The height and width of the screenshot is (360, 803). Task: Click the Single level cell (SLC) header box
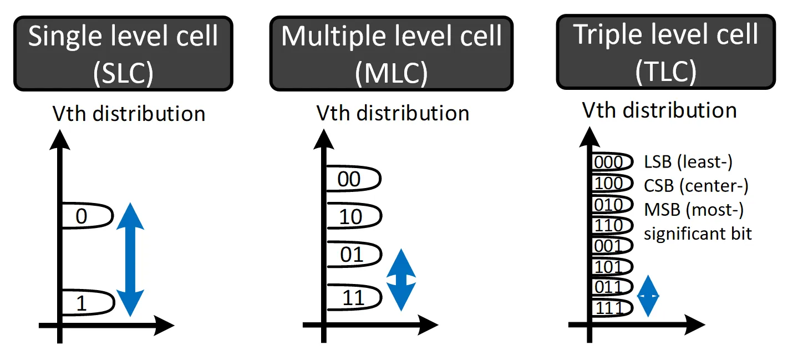point(123,54)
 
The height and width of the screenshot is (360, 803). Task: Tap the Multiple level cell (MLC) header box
point(391,54)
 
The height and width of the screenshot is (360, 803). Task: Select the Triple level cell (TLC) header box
point(665,52)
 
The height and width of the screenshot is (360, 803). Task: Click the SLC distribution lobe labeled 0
point(86,216)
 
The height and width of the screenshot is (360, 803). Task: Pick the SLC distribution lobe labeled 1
point(86,303)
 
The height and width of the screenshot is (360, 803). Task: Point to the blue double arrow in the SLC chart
point(131,260)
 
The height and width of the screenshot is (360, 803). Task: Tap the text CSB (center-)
point(696,186)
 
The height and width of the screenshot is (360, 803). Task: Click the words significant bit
point(698,234)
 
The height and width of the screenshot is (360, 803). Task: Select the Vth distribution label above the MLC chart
point(393,113)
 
